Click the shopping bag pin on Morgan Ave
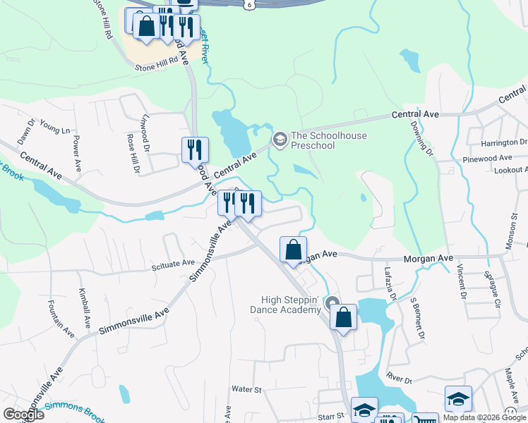tap(293, 250)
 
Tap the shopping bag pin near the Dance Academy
tap(343, 317)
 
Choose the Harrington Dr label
tap(503, 143)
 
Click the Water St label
tap(246, 389)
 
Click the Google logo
tap(24, 414)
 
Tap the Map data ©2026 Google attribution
tap(484, 417)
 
